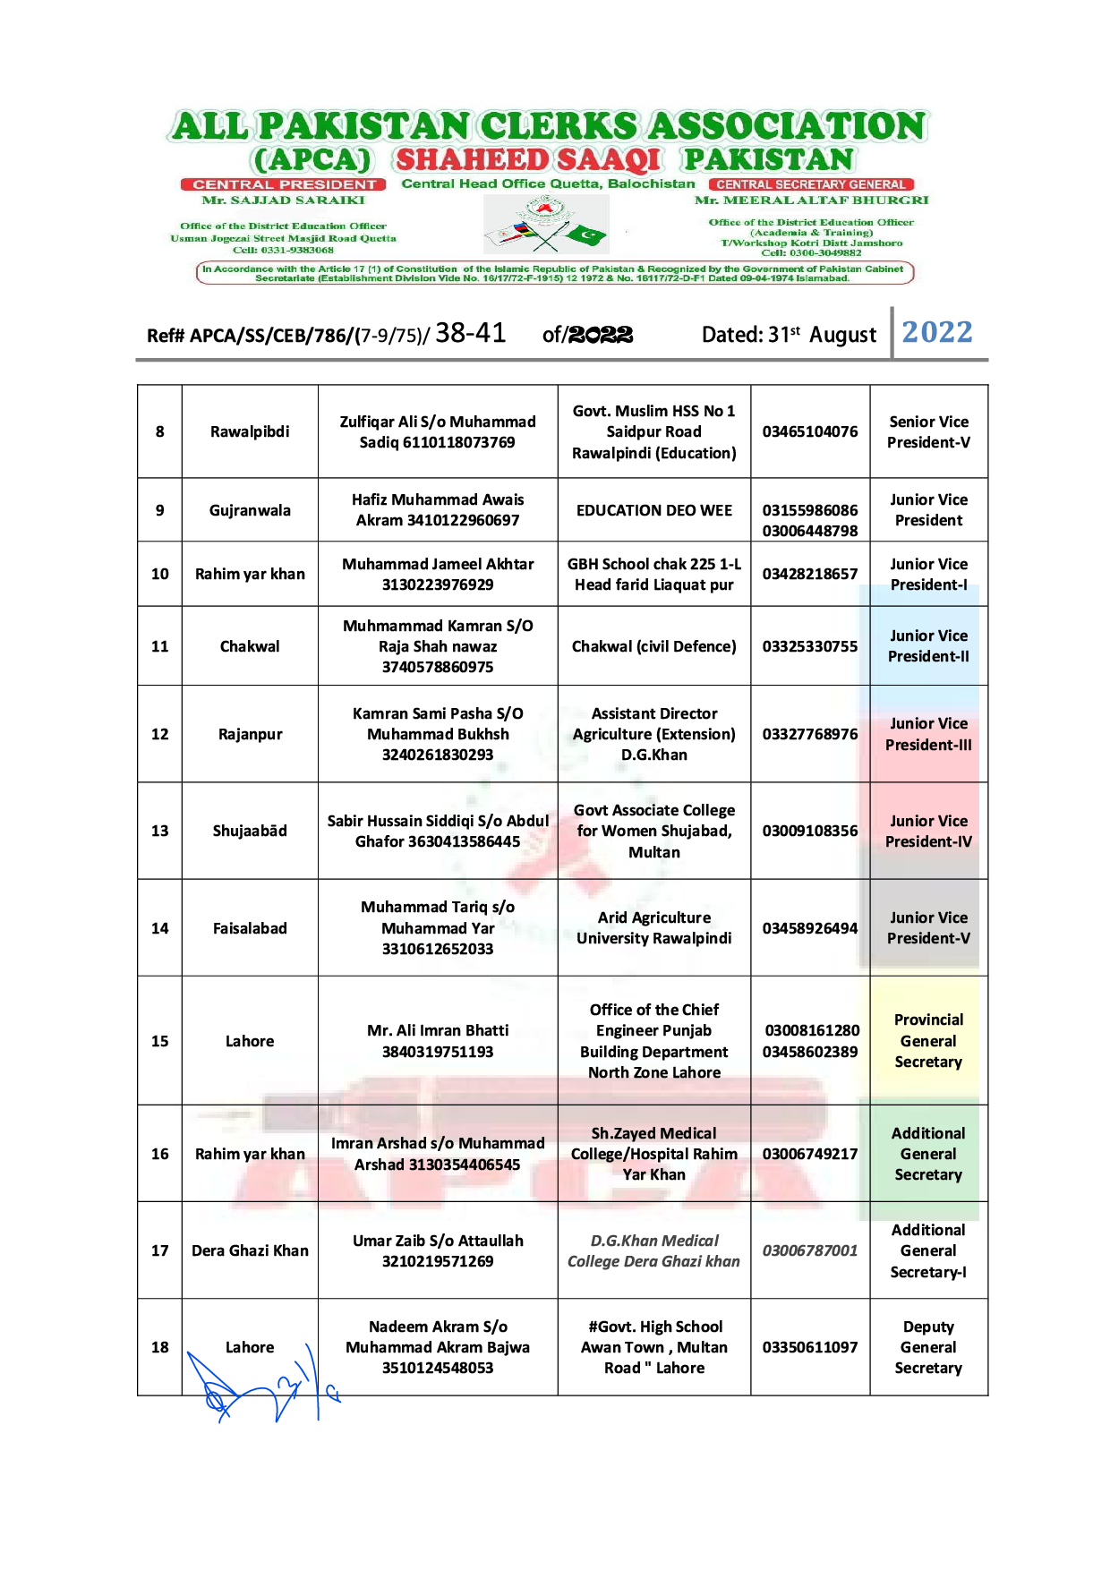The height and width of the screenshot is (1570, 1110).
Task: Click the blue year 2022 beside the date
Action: (936, 333)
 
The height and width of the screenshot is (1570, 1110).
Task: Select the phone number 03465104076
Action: (810, 431)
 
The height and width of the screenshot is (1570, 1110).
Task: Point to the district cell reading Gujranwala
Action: (250, 510)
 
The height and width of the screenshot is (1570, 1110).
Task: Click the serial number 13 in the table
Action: (159, 831)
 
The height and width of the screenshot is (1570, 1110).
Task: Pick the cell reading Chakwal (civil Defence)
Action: (653, 646)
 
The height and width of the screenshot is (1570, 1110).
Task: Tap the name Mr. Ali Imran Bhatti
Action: (438, 1030)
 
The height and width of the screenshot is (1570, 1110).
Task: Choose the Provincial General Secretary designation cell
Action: (928, 1041)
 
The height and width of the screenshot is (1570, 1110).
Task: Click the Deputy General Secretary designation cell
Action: (928, 1347)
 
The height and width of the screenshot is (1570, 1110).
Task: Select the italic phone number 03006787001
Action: (810, 1250)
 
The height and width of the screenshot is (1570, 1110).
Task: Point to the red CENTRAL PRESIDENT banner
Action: (284, 184)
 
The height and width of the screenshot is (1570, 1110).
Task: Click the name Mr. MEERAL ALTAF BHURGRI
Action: (811, 201)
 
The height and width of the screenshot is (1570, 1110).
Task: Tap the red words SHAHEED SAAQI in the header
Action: (528, 160)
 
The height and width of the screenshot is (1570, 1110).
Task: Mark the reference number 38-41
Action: (470, 333)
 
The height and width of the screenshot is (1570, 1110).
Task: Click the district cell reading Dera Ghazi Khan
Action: (250, 1250)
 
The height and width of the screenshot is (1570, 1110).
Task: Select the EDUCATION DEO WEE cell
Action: (653, 510)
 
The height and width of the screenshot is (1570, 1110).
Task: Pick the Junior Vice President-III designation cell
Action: (928, 734)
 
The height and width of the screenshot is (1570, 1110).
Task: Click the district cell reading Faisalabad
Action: (250, 928)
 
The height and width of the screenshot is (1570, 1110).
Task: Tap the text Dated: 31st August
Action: (789, 335)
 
